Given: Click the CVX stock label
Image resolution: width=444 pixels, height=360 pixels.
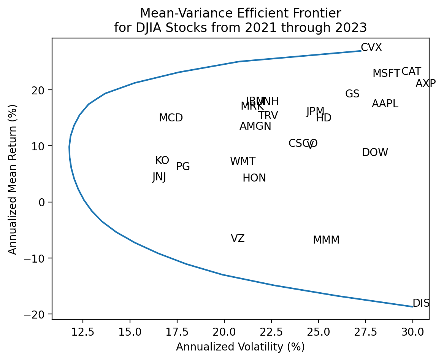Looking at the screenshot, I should tap(371, 48).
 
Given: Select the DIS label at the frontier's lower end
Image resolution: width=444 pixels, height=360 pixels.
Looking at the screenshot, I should tap(421, 303).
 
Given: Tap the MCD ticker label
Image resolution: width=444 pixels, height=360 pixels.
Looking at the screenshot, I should tap(171, 118).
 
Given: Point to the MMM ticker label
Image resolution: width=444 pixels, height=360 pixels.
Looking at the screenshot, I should tap(326, 240).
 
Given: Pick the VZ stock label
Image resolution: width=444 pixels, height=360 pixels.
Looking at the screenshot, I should tap(238, 239).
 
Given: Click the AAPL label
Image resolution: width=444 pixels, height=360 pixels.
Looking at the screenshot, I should tap(385, 104).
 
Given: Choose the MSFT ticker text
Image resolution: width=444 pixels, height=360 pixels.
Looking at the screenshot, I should tap(386, 73).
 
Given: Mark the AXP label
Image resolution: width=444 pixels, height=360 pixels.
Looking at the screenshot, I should tap(425, 84).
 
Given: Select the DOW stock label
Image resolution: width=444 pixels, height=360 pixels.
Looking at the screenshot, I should tap(375, 153).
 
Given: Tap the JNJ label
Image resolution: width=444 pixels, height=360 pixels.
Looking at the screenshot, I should tap(159, 177).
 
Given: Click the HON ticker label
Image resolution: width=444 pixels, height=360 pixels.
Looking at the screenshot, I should tap(254, 178).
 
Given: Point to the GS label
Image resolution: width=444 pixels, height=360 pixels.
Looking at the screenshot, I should tap(352, 94).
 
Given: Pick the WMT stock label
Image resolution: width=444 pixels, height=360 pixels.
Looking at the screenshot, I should tap(243, 161).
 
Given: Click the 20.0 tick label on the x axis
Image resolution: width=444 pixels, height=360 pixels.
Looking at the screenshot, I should tap(224, 331).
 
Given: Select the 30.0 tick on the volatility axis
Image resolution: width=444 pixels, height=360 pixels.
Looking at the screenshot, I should tap(412, 331).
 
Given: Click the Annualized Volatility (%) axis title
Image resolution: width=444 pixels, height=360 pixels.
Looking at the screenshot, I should tap(240, 347).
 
